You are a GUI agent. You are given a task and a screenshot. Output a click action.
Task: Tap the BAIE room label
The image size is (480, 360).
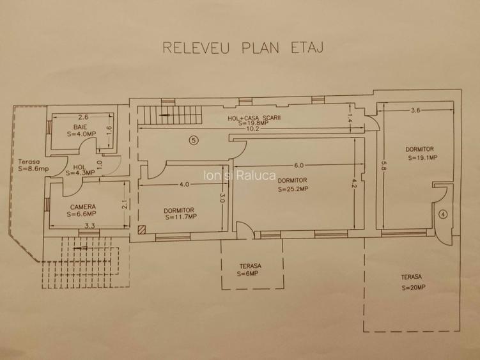click(x=80, y=127)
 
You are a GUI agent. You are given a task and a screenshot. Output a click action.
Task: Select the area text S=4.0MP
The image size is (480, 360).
click(x=81, y=134)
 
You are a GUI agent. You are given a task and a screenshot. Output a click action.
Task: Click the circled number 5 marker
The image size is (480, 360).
click(x=194, y=140)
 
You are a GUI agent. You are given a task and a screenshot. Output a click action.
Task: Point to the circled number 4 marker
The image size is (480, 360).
click(x=443, y=214)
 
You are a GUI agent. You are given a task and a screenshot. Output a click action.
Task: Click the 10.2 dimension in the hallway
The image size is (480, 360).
click(x=252, y=129)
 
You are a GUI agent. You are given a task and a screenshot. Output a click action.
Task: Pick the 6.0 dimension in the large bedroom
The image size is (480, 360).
click(x=298, y=166)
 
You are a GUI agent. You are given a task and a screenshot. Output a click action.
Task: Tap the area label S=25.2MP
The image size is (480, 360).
click(x=293, y=189)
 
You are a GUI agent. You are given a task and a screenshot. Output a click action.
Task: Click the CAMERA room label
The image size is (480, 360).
click(x=82, y=207)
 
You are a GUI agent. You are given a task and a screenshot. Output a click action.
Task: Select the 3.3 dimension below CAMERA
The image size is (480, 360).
click(x=89, y=226)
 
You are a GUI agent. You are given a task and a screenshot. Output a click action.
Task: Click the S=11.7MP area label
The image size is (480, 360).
click(x=181, y=217)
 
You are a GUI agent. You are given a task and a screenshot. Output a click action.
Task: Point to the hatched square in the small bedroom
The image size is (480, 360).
click(x=141, y=230)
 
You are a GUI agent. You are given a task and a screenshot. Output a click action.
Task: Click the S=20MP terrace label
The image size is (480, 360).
click(x=414, y=288)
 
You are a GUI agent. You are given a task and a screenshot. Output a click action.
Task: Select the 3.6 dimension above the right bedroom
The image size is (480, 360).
click(x=415, y=111)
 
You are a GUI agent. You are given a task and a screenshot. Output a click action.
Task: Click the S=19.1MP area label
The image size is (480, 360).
click(x=422, y=158)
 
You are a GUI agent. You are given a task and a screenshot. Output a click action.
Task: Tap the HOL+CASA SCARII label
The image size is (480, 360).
click(x=254, y=118)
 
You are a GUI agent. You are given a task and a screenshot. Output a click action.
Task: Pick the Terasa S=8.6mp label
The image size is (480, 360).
click(x=33, y=165)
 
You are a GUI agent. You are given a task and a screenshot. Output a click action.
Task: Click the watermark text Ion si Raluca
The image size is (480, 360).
click(x=240, y=175)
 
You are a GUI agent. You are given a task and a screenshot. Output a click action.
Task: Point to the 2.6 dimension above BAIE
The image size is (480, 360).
click(x=83, y=117)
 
